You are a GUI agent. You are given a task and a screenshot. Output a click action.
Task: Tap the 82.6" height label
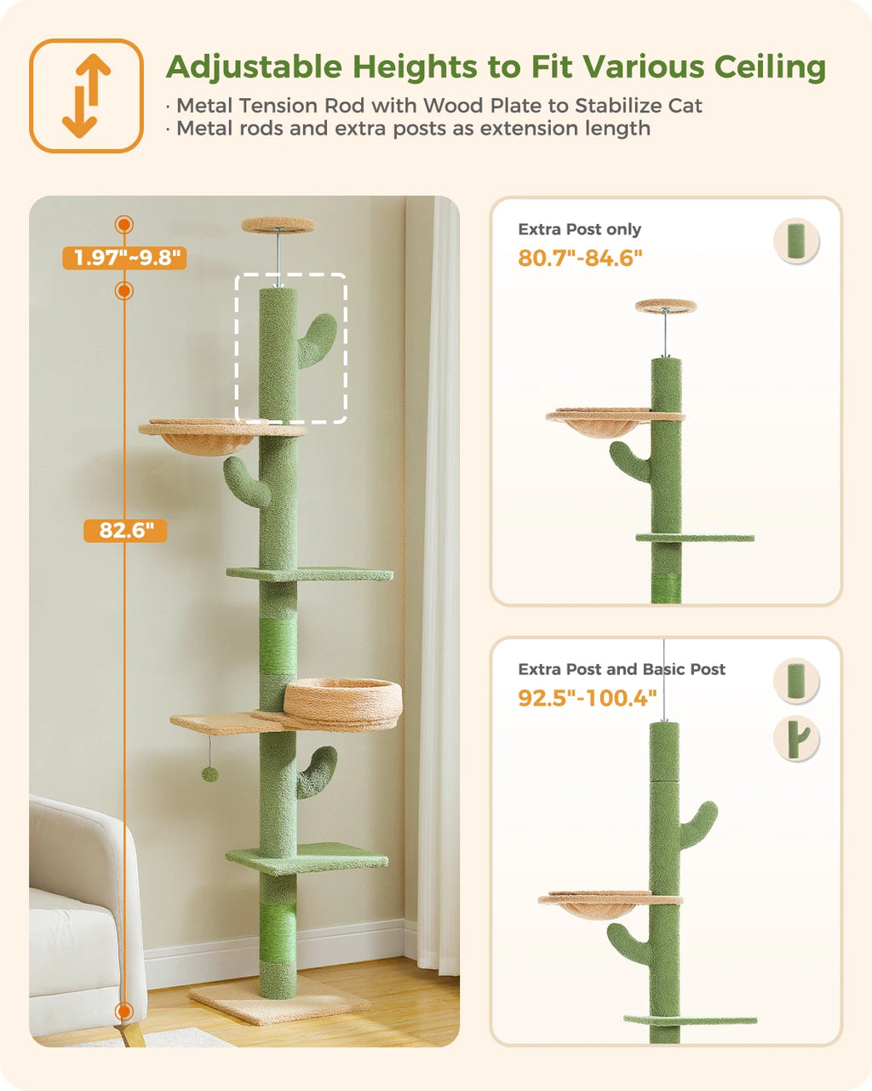tap(125, 530)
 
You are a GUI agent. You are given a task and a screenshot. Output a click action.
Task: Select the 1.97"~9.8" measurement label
tap(124, 257)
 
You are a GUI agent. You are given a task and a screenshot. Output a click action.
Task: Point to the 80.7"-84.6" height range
tap(580, 257)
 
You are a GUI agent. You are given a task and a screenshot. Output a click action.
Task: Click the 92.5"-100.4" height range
tap(587, 698)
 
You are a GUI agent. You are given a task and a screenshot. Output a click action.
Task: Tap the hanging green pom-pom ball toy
tap(209, 774)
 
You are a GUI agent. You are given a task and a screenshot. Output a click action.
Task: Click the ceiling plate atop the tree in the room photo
tap(278, 224)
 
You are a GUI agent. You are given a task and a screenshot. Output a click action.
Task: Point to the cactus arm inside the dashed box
tap(318, 340)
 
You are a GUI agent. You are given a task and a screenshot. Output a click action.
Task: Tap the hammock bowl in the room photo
tap(208, 437)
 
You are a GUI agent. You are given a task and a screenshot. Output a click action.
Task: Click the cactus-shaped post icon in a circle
tap(796, 739)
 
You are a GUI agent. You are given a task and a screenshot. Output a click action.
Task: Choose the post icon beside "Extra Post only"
tap(796, 241)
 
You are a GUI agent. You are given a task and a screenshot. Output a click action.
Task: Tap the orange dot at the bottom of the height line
tap(124, 1012)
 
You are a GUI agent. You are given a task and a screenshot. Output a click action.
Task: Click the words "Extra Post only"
tap(580, 229)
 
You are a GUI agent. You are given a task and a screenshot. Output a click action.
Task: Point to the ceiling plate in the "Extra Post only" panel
tap(666, 305)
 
